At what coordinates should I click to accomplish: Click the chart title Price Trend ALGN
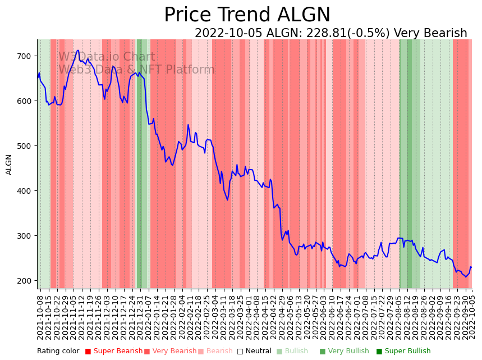pos(247,15)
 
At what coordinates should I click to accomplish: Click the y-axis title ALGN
pos(9,164)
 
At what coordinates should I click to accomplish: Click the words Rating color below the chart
pos(58,351)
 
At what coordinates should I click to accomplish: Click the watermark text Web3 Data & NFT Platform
pos(136,70)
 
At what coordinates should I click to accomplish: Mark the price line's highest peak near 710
pos(78,51)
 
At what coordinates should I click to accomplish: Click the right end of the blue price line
pos(471,267)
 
